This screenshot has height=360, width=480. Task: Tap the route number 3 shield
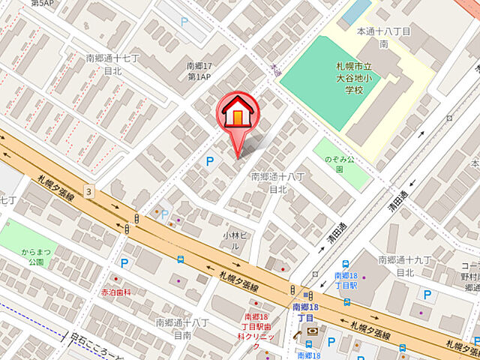89,191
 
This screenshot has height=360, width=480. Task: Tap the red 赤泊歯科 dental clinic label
116,291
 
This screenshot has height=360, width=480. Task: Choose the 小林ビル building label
229,240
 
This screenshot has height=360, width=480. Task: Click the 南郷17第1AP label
200,71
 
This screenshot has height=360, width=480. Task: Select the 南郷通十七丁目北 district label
112,64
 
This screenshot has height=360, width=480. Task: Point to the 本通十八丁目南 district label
382,38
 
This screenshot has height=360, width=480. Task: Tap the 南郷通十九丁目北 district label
406,265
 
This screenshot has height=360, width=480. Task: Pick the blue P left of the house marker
209,160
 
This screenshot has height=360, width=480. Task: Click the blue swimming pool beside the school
357,11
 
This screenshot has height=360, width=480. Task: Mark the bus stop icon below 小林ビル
181,259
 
